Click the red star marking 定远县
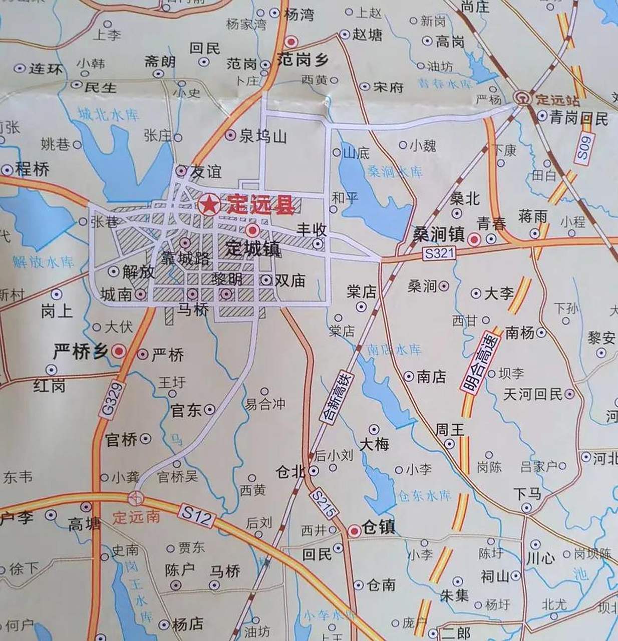click(208, 205)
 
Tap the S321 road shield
click(439, 253)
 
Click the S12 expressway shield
click(197, 515)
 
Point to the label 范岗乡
click(302, 61)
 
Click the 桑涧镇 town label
click(438, 234)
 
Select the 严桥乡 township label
click(81, 352)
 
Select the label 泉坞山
click(262, 136)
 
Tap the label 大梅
click(374, 444)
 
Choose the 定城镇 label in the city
click(252, 248)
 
